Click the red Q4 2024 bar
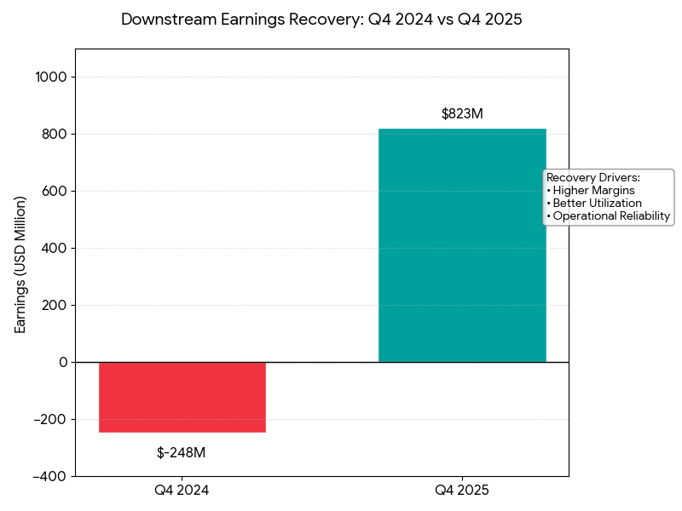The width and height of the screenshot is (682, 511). click(182, 397)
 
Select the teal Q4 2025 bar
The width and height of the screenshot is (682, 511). click(461, 245)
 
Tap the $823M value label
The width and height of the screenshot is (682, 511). click(462, 113)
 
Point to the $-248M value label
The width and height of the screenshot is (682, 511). click(181, 452)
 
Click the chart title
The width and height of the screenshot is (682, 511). click(321, 19)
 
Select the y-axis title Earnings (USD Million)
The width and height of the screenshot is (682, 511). click(21, 264)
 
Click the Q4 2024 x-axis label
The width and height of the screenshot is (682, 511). click(182, 491)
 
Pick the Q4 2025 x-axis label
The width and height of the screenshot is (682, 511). click(462, 491)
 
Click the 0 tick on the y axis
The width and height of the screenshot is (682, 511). click(63, 362)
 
